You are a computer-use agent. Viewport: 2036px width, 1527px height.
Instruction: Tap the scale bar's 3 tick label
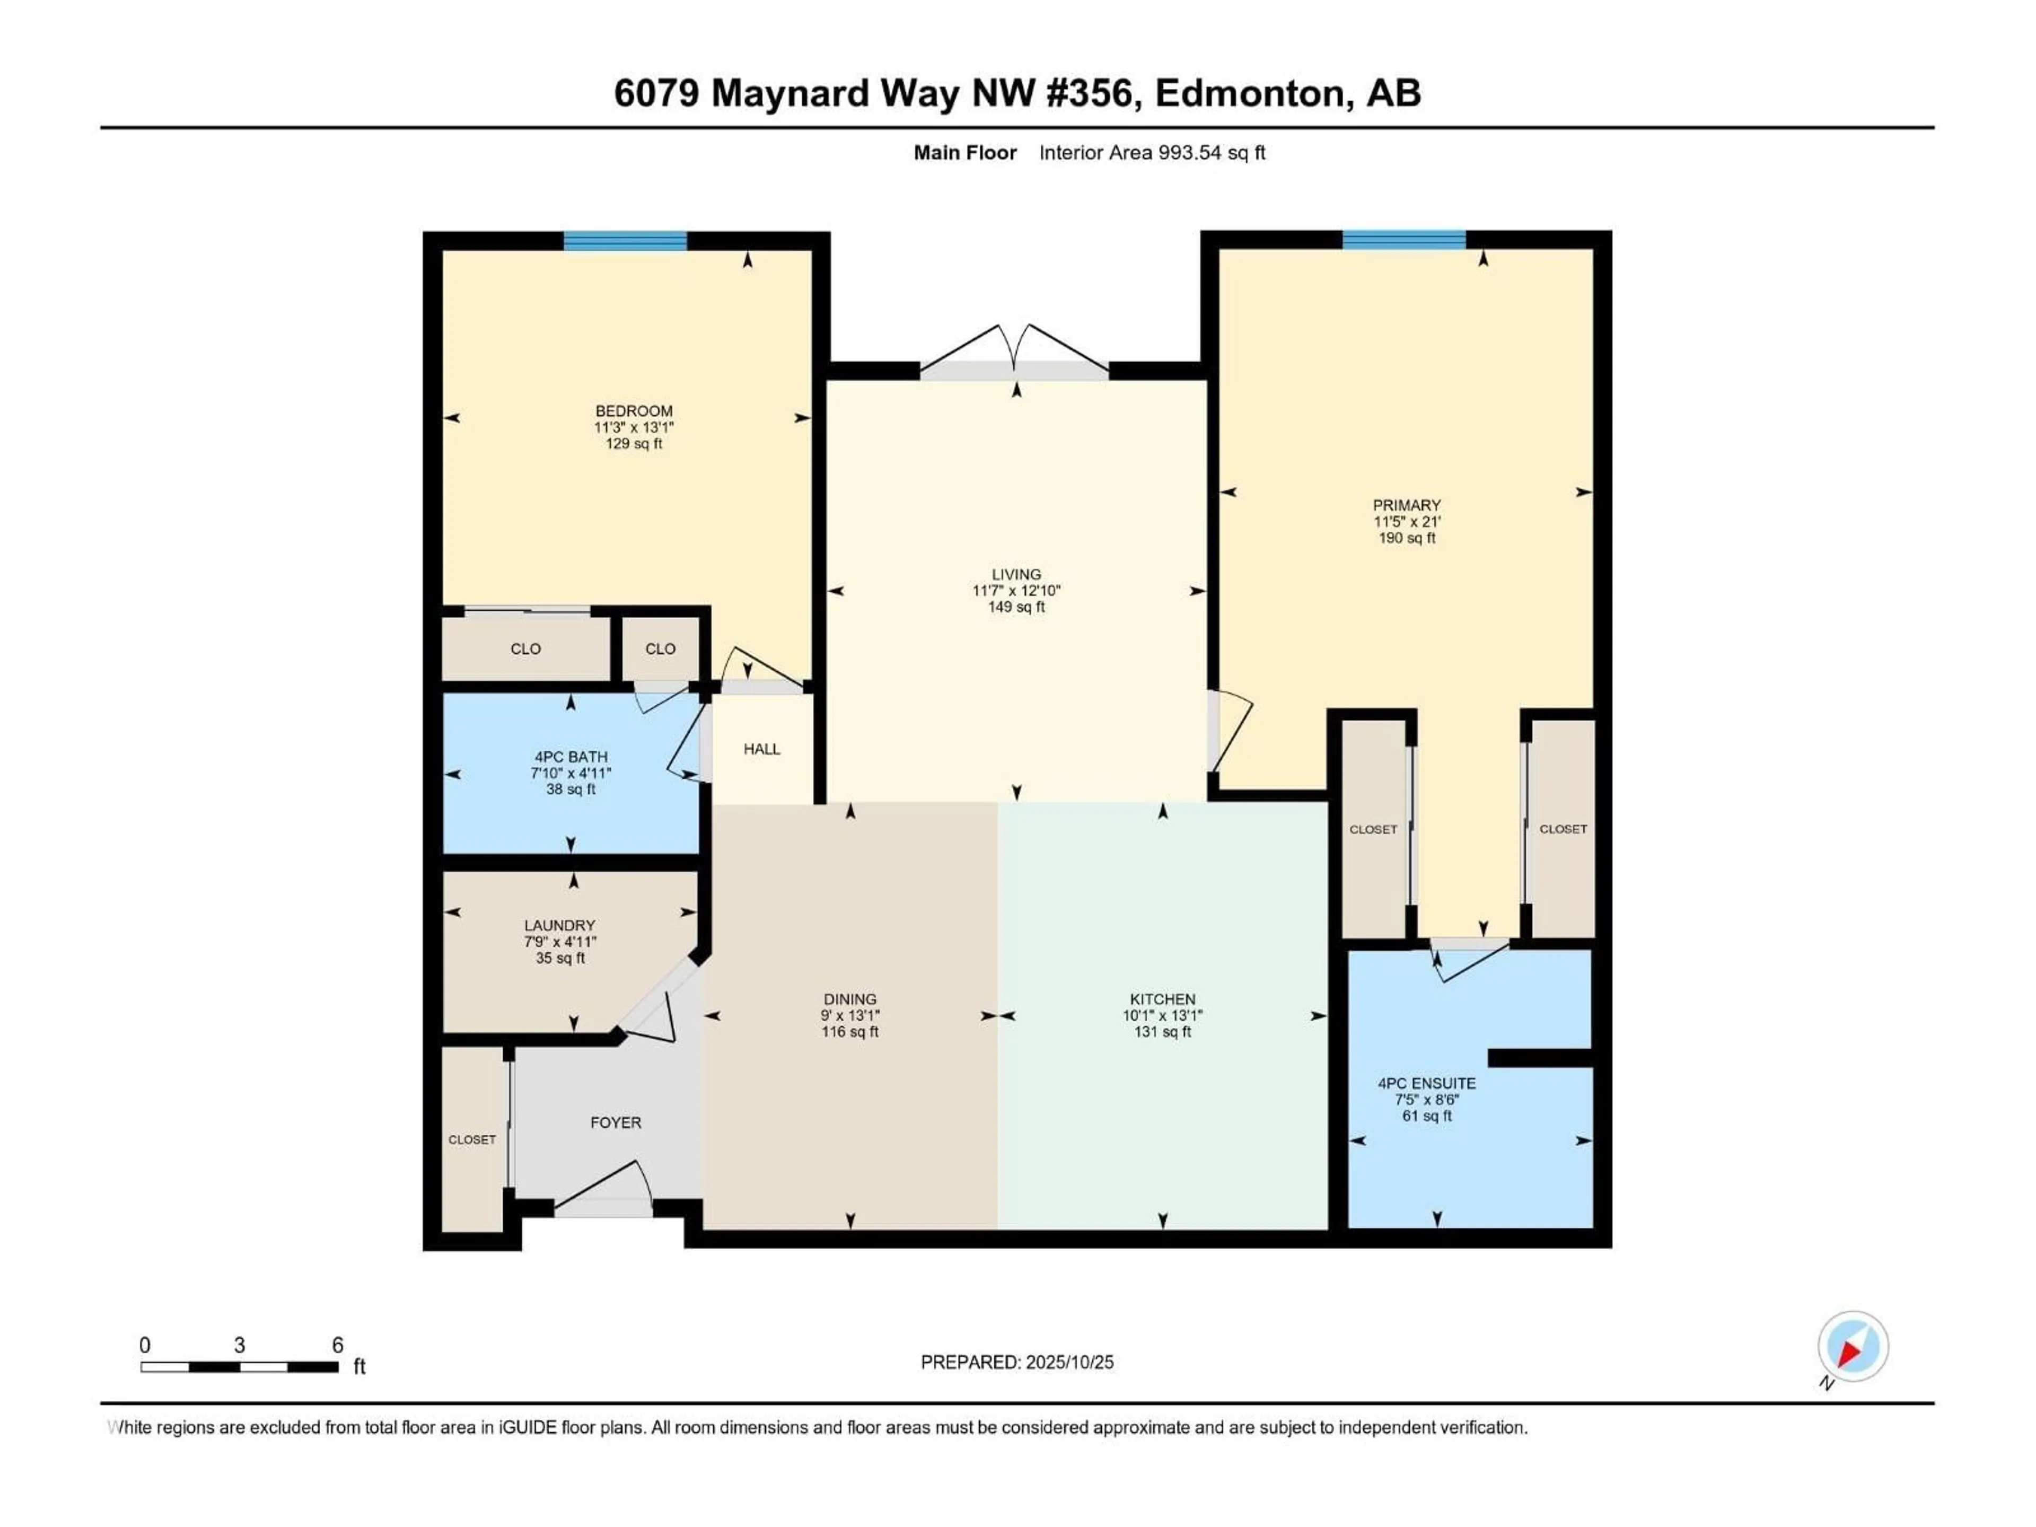(239, 1345)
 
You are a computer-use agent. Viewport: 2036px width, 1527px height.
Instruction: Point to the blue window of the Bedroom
(625, 241)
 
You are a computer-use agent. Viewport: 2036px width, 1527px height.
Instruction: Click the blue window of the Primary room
(1403, 240)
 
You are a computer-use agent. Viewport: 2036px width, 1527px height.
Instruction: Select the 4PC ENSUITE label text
(1427, 1083)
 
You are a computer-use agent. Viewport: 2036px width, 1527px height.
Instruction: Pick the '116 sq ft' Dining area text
(849, 1032)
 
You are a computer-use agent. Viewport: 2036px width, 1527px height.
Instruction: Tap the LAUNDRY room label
(559, 925)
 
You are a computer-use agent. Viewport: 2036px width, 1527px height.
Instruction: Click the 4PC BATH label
(571, 757)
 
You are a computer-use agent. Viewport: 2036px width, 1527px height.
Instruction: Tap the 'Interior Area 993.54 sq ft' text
(1152, 153)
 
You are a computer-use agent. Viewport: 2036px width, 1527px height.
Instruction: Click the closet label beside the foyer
(472, 1139)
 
